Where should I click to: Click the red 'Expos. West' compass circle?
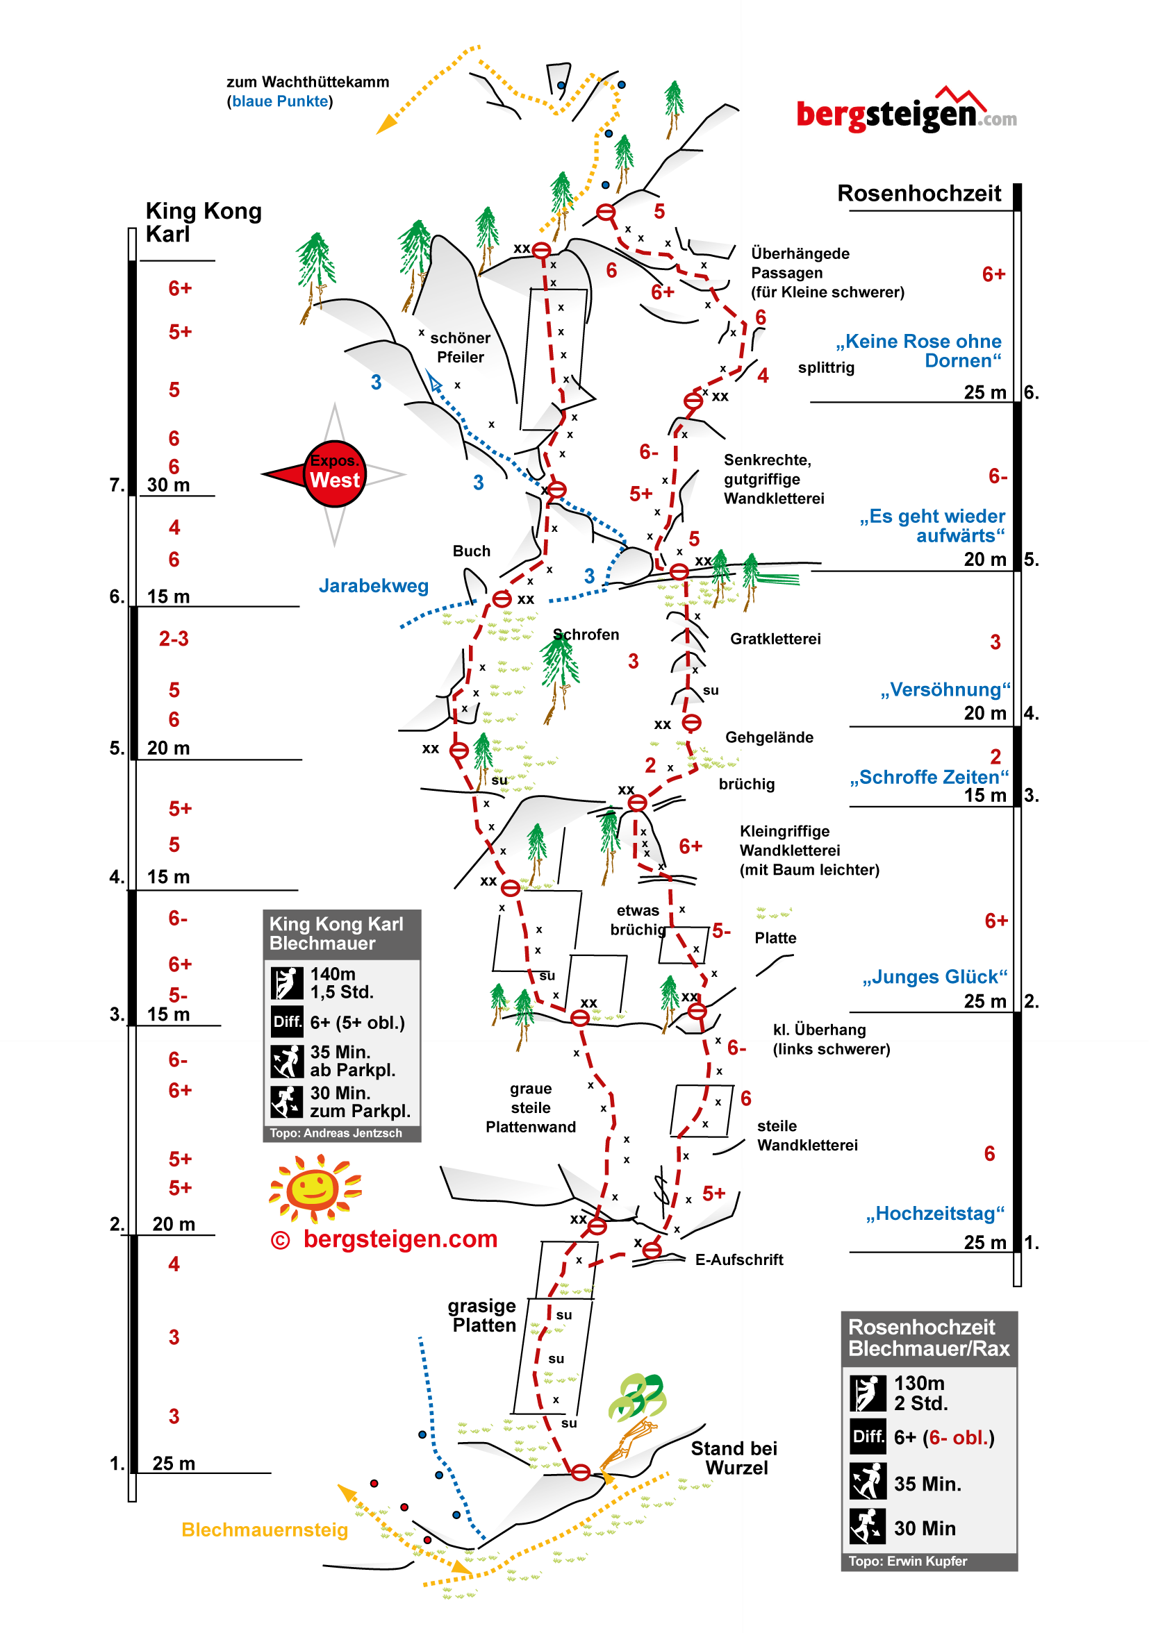(334, 474)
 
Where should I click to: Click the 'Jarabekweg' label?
(374, 585)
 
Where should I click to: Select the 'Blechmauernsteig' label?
(264, 1530)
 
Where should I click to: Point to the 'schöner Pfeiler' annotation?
(461, 347)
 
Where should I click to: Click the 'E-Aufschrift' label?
(738, 1259)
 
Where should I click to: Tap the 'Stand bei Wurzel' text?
(734, 1458)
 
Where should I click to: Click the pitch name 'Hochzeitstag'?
(935, 1214)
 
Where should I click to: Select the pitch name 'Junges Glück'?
(935, 976)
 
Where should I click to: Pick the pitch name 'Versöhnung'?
(945, 689)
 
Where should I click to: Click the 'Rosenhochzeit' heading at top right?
(918, 194)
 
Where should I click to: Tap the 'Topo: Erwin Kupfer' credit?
(907, 1561)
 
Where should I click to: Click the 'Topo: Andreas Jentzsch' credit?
(335, 1133)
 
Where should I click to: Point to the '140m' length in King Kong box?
(332, 973)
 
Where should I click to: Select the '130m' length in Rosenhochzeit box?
(918, 1382)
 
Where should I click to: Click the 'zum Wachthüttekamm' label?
(307, 82)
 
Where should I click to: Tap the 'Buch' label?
(471, 551)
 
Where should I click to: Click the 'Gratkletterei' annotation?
(775, 639)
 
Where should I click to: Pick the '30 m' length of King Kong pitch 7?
(168, 485)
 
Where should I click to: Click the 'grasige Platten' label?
(483, 1316)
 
